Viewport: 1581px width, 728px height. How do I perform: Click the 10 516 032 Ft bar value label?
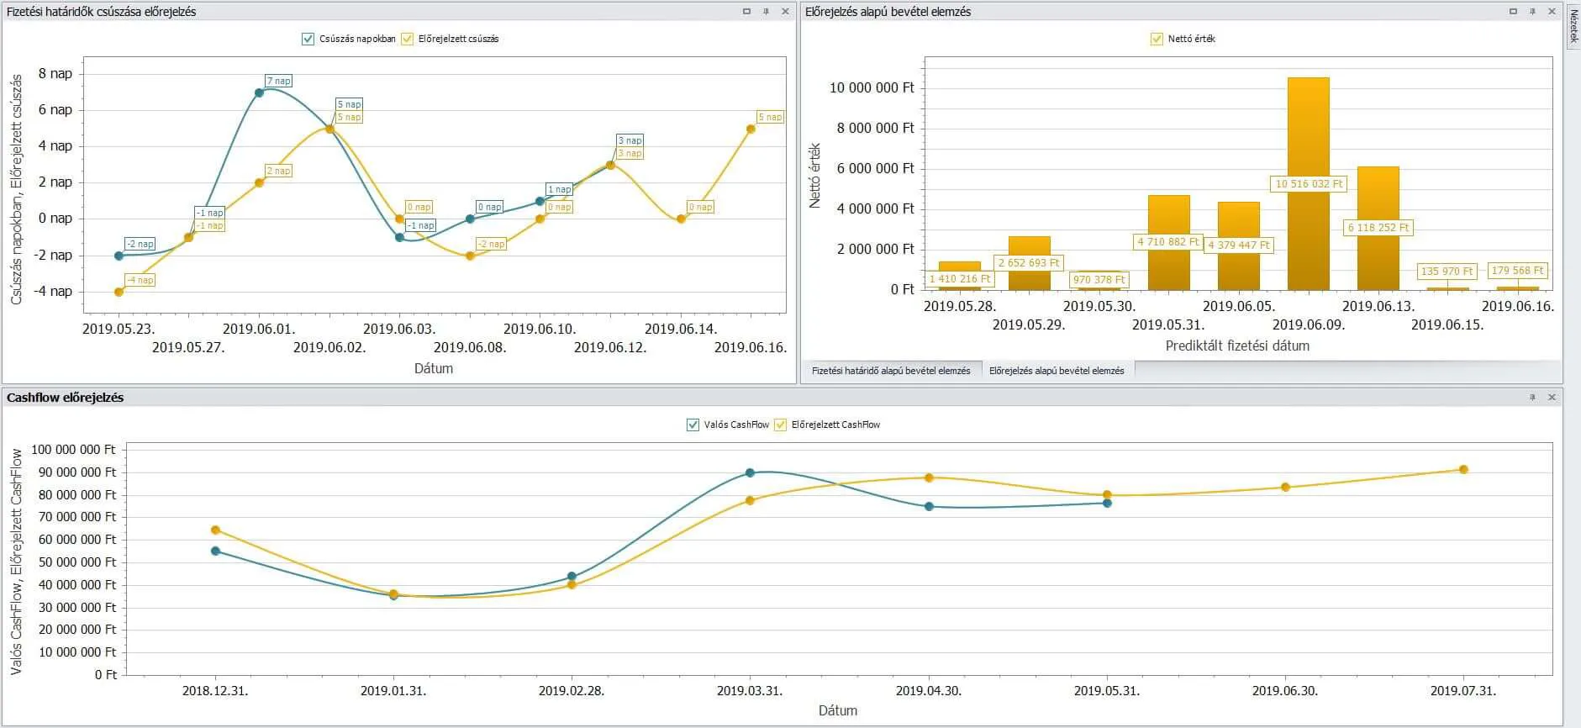pyautogui.click(x=1309, y=183)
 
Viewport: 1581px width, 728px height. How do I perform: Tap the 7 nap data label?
pyautogui.click(x=278, y=81)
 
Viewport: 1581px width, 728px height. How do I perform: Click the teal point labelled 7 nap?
pyautogui.click(x=259, y=92)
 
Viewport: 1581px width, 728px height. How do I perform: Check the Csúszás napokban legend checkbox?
pyautogui.click(x=308, y=39)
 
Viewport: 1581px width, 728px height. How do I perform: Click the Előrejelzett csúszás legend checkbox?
pyautogui.click(x=408, y=39)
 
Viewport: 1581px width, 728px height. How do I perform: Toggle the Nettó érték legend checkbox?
pyautogui.click(x=1157, y=39)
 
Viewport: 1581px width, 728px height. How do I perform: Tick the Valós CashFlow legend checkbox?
pyautogui.click(x=693, y=425)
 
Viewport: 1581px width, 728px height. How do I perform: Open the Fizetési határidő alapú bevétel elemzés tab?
pyautogui.click(x=890, y=371)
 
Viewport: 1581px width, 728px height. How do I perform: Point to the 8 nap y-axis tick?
pyautogui.click(x=55, y=73)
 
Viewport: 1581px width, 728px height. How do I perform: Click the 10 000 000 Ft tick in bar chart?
pyautogui.click(x=872, y=87)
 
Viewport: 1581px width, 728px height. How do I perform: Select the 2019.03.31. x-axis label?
pyautogui.click(x=750, y=691)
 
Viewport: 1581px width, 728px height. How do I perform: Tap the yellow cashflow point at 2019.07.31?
pyautogui.click(x=1463, y=470)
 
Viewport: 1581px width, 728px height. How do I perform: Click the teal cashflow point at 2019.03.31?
pyautogui.click(x=750, y=473)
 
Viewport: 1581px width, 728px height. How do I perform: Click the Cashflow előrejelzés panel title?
pyautogui.click(x=65, y=398)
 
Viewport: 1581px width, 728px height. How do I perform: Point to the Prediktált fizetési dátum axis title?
pyautogui.click(x=1237, y=346)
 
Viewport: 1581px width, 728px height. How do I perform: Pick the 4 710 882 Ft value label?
pyautogui.click(x=1168, y=241)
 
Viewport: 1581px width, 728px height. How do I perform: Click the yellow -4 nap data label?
pyautogui.click(x=140, y=280)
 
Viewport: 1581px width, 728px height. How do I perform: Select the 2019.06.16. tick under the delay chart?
pyautogui.click(x=750, y=347)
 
